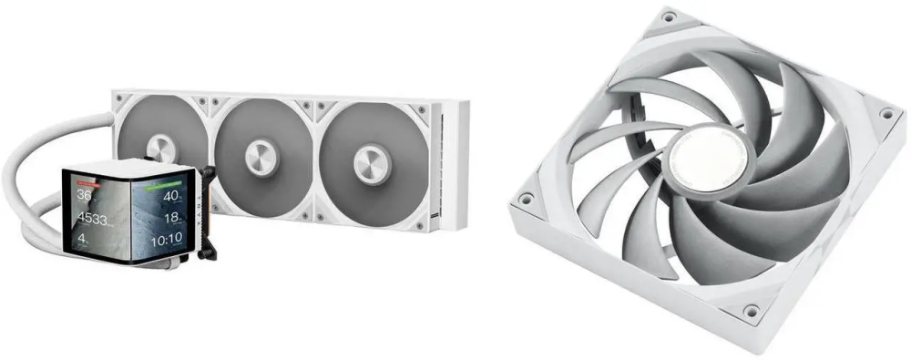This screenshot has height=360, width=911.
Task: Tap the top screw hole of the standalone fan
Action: coord(669,16)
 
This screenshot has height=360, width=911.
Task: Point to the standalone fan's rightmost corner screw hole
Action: coord(886,114)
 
